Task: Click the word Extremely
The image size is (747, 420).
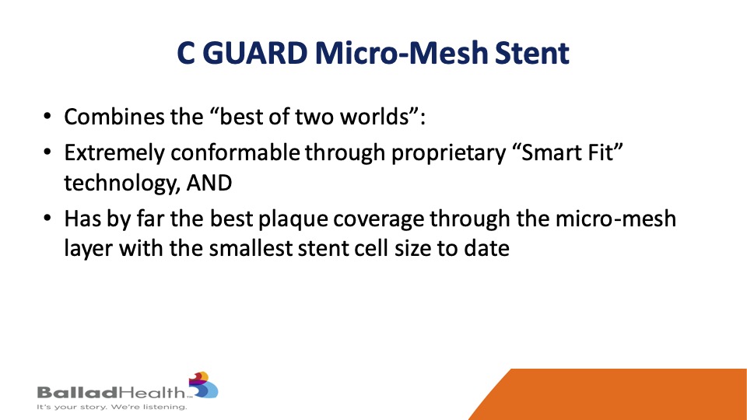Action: pos(114,153)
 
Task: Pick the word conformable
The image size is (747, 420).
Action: pos(235,153)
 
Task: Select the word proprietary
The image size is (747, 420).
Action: pos(448,153)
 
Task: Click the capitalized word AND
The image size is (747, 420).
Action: pos(209,183)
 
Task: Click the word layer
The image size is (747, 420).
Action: pos(88,249)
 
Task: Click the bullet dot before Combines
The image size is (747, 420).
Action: pos(47,116)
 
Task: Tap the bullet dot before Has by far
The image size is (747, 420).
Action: pos(47,218)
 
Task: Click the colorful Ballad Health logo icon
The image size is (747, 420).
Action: pos(203,385)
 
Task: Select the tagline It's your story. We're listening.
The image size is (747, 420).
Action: pos(112,407)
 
